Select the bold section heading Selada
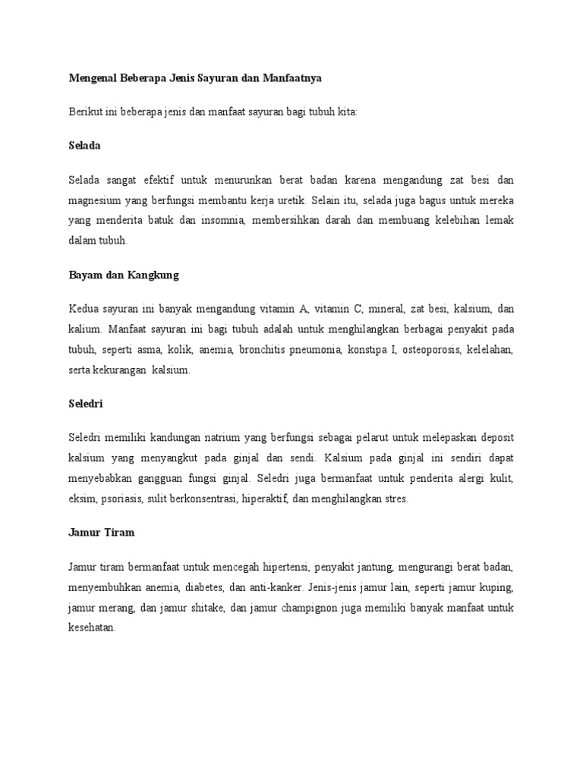point(84,144)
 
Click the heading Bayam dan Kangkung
point(124,275)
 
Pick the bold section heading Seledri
point(85,404)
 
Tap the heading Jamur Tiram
point(101,533)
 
